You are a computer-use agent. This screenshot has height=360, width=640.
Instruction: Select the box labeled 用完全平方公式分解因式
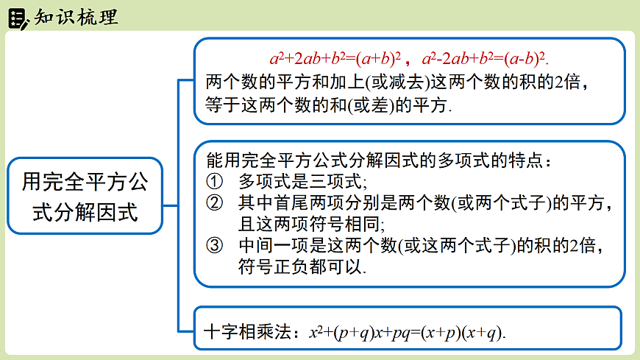(x=85, y=196)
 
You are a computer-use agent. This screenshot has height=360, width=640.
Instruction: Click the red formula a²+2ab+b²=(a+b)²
(x=335, y=58)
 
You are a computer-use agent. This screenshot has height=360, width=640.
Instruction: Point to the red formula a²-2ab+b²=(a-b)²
(x=486, y=58)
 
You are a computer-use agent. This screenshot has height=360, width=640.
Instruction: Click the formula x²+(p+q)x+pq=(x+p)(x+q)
(x=408, y=332)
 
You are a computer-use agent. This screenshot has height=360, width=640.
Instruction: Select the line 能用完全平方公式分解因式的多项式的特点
(x=378, y=159)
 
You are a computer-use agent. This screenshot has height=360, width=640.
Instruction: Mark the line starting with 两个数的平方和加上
(x=398, y=81)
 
